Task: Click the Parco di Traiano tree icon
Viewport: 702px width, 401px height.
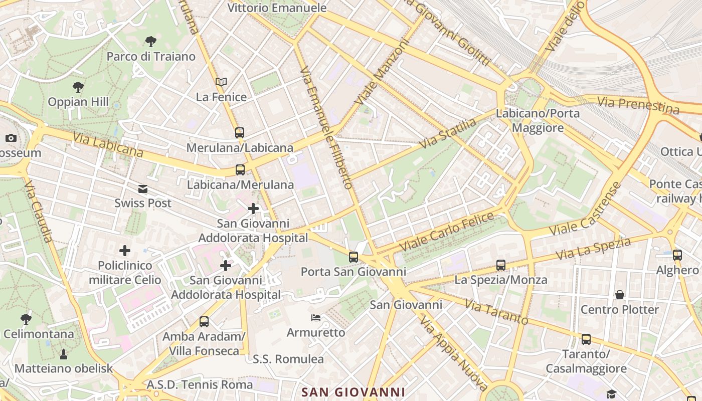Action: (150, 42)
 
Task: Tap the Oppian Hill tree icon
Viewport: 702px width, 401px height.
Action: (78, 87)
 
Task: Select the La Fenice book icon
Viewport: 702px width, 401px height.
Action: (221, 82)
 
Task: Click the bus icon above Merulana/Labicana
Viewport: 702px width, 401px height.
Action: (240, 133)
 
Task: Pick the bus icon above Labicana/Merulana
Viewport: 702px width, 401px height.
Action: (240, 170)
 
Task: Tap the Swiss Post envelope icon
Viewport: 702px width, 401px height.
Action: (143, 188)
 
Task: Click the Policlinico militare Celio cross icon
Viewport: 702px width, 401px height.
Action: (125, 251)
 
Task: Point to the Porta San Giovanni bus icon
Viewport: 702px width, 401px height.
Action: (354, 257)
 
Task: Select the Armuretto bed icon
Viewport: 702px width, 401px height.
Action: (316, 317)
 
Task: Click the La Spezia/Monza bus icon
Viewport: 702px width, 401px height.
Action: (500, 265)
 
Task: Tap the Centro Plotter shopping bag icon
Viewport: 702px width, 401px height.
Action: (620, 295)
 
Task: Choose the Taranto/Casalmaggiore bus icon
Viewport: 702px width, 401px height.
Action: (586, 339)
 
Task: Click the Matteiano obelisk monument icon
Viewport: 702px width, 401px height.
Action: (64, 354)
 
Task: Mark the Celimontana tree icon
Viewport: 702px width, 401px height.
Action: (26, 319)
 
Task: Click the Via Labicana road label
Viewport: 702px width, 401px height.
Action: (108, 144)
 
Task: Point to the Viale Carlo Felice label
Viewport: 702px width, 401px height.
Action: (447, 232)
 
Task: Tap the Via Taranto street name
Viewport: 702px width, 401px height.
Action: (496, 312)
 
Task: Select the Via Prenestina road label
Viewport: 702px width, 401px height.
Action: (638, 105)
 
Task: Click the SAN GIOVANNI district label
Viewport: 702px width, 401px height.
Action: (353, 392)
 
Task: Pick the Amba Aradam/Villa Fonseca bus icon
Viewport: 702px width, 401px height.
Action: (204, 322)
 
